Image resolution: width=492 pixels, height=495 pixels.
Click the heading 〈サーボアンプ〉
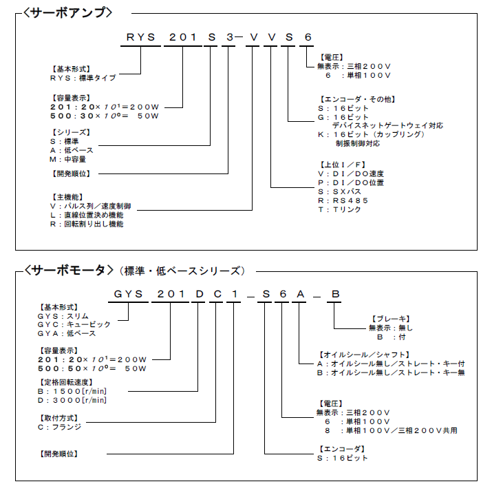67,12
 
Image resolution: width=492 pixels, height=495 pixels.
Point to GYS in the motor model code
129,294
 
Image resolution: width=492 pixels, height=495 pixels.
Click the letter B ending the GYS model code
335,294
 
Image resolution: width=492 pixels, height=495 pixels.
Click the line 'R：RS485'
343,200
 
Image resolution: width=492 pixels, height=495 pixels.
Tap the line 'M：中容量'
67,159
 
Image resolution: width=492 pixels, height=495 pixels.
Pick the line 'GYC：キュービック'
74,324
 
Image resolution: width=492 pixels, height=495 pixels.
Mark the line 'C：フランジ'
59,427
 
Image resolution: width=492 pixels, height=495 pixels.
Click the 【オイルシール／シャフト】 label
364,355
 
